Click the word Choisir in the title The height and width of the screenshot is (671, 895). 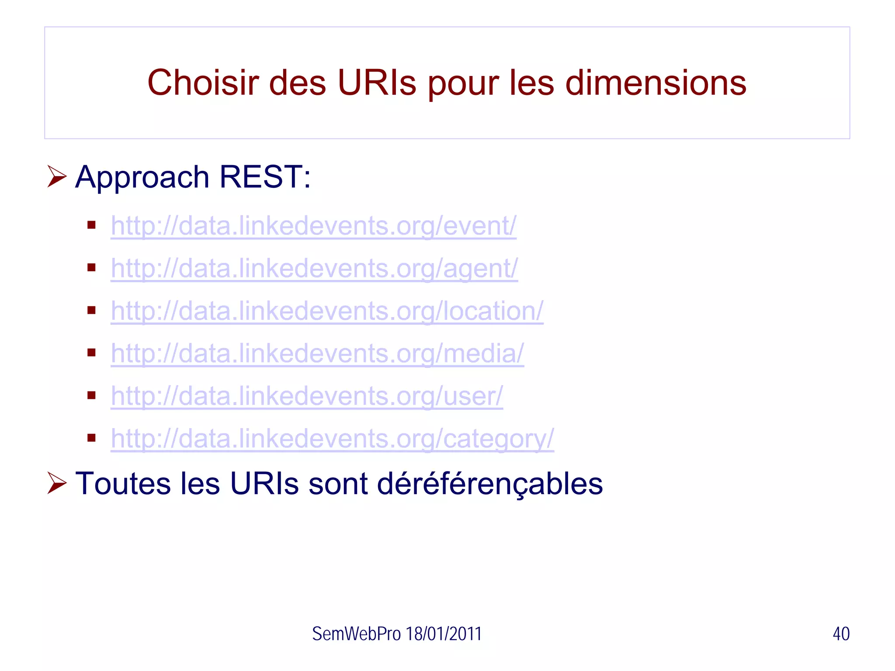tap(203, 83)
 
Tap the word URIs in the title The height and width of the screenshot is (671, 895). tap(377, 83)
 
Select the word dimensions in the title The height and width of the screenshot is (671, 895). tap(656, 83)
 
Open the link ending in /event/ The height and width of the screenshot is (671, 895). tap(313, 226)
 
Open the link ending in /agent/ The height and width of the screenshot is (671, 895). tap(314, 268)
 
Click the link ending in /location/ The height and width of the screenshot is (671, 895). tap(327, 311)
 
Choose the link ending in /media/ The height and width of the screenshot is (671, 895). tap(317, 353)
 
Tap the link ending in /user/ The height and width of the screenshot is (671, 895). tap(307, 396)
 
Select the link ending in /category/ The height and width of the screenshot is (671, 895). tap(332, 438)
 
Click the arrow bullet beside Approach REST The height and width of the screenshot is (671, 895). tap(57, 176)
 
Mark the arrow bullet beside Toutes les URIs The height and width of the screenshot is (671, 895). tap(57, 483)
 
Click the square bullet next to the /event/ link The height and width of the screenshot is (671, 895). tap(91, 225)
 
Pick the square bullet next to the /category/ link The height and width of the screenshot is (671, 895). tap(91, 438)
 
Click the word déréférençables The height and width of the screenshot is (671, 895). tap(489, 484)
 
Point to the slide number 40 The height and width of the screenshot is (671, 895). tap(841, 634)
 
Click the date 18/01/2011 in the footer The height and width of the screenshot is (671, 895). tap(444, 634)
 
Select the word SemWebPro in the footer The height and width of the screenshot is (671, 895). tap(356, 634)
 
